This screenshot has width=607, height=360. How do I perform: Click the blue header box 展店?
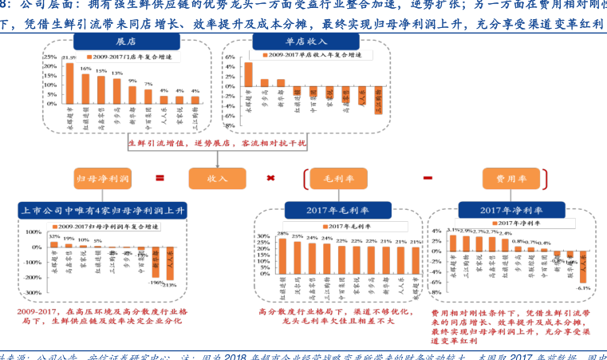[124, 41]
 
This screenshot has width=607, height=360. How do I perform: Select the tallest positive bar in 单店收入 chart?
[248, 74]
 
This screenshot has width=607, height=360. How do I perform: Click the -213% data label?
[170, 285]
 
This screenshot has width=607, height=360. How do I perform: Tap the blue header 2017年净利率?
[511, 211]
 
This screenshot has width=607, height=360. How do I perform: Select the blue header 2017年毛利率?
[333, 211]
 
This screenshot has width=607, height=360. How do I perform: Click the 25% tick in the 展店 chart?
[48, 57]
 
